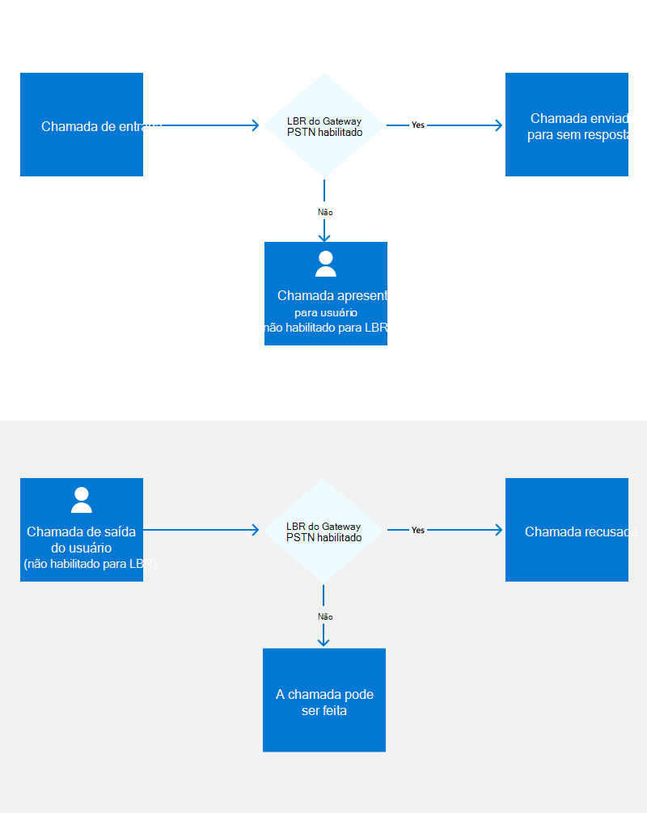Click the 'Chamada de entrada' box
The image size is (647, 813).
point(82,125)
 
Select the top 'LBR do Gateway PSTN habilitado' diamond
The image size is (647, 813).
point(324,125)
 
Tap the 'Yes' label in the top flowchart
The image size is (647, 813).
point(417,125)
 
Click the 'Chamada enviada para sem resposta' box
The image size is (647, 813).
point(567,125)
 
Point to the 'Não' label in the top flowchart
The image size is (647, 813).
point(325,212)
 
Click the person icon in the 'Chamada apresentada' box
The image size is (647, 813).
point(326,264)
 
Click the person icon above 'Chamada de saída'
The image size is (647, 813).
point(82,500)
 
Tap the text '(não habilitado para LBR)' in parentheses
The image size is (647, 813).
point(90,564)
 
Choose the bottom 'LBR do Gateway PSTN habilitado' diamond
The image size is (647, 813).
point(323,531)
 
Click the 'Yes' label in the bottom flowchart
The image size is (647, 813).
point(417,531)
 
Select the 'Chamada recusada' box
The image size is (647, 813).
point(567,530)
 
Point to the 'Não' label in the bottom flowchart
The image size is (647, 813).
point(325,616)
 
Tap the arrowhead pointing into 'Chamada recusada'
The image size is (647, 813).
point(498,530)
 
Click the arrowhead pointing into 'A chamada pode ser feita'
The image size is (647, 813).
point(323,642)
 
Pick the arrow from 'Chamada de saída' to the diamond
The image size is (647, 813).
point(202,530)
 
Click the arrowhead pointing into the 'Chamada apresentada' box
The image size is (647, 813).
point(324,236)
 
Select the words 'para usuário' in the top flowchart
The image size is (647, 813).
point(326,312)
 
